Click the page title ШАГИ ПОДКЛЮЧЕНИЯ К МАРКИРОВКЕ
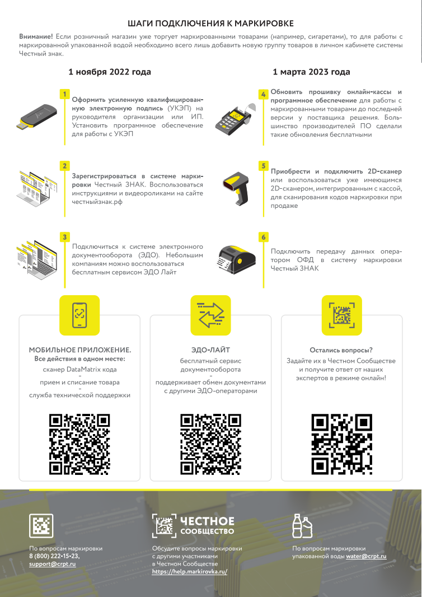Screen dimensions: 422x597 210,24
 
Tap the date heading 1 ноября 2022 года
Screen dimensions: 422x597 110,72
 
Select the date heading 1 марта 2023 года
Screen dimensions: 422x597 311,72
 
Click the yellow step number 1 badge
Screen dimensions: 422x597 65,94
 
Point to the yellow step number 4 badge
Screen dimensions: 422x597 263,94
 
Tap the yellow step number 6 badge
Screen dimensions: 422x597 263,237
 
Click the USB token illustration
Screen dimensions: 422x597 36,116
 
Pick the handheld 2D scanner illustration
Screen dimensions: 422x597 236,189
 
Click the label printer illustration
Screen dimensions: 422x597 236,260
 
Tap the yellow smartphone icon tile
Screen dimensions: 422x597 79,315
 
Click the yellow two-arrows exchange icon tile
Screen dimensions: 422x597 210,315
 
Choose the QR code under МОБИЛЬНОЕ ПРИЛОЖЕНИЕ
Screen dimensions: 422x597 79,444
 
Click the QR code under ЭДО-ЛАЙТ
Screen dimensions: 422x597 210,444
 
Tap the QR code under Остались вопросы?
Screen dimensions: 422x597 342,444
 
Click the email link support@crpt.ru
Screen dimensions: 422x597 53,564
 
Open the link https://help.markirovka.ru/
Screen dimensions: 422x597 190,571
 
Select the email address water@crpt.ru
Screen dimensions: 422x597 366,556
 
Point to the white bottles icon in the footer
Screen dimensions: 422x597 302,526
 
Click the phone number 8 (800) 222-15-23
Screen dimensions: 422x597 54,556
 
